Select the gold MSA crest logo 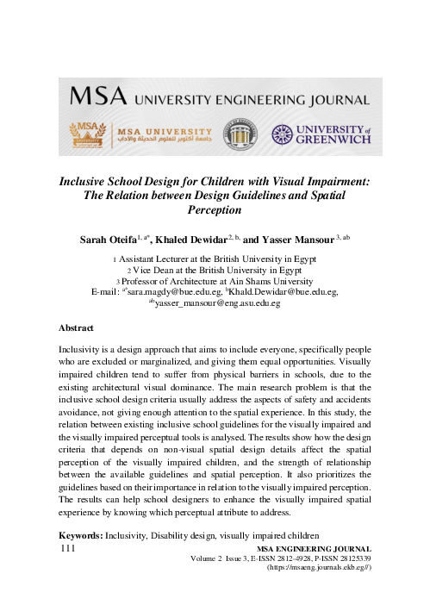coord(89,134)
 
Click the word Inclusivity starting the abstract coord(85,350)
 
